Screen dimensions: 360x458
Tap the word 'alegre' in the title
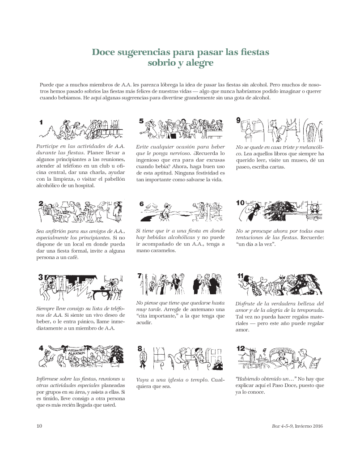200,63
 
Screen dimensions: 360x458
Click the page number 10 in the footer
39,426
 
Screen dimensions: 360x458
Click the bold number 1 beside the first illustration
41,123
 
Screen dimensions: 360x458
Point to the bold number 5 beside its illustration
141,121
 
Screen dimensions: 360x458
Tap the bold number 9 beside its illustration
238,120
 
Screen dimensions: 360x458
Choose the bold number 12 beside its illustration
241,348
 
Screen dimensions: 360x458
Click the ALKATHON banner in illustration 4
77,352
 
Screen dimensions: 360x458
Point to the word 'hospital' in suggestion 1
85,186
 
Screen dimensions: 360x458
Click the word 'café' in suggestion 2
73,257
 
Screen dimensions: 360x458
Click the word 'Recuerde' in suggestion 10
312,237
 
